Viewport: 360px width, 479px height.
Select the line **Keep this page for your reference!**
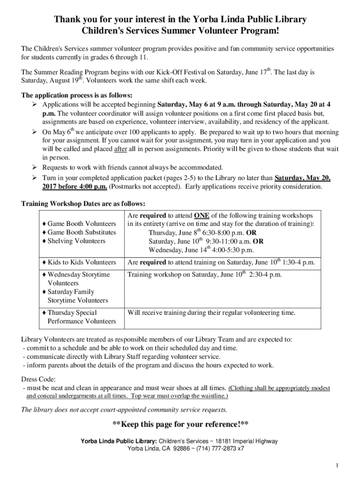180,425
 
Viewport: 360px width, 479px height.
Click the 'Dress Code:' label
39,379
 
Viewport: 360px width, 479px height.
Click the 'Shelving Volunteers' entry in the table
76,241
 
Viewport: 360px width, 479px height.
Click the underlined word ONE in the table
202,215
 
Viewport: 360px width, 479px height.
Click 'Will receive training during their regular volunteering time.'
211,312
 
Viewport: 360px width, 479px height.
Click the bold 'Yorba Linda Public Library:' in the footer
119,441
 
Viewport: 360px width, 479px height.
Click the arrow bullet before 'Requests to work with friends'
34,167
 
